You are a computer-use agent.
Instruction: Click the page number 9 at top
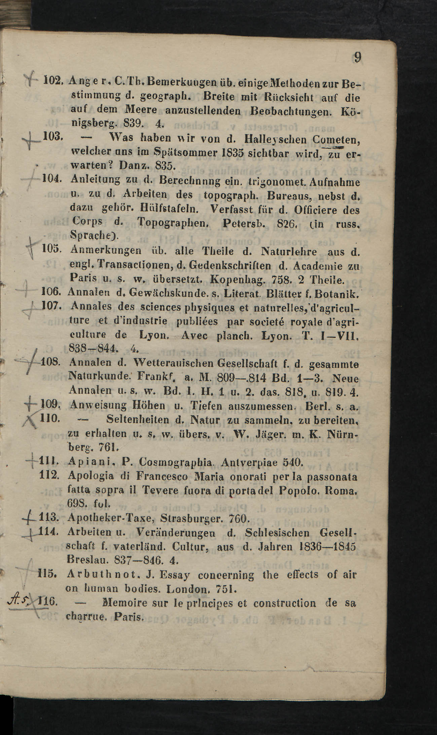point(358,58)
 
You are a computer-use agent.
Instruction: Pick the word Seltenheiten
point(138,420)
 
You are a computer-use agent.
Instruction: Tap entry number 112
point(49,475)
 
